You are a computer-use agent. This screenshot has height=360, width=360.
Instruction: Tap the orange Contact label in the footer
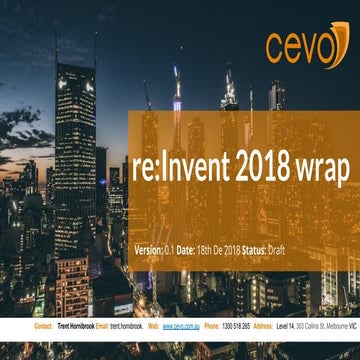coord(44,326)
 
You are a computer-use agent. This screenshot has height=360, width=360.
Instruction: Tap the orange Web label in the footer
coord(153,326)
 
